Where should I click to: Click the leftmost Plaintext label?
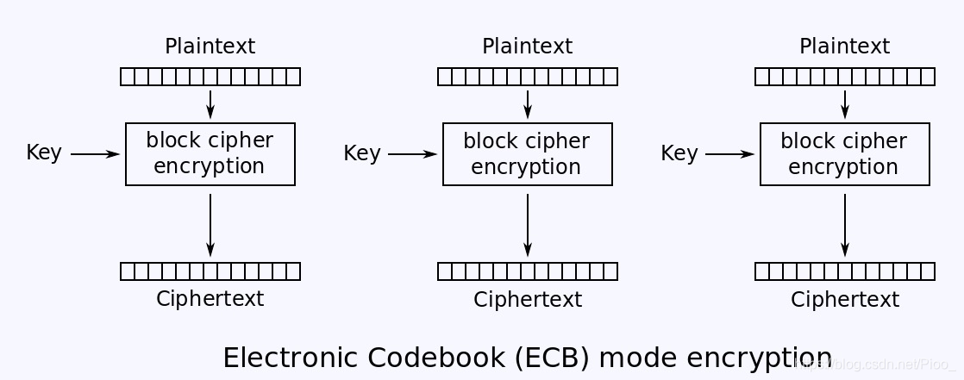[210, 47]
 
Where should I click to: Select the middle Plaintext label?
[527, 47]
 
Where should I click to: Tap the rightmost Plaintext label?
[844, 47]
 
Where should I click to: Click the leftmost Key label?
[44, 153]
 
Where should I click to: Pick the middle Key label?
[361, 153]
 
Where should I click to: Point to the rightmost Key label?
[679, 153]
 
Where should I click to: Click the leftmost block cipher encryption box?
[210, 153]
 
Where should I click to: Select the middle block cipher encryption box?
[528, 153]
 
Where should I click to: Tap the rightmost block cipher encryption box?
[845, 153]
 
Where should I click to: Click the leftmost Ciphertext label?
[210, 299]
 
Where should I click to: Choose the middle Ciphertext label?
[527, 300]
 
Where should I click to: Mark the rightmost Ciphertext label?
[844, 300]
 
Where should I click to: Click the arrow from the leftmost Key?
[95, 154]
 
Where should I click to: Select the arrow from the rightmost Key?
[729, 154]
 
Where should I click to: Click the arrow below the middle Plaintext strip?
[528, 103]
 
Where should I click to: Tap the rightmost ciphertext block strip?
[845, 271]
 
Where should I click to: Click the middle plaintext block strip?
[528, 77]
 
